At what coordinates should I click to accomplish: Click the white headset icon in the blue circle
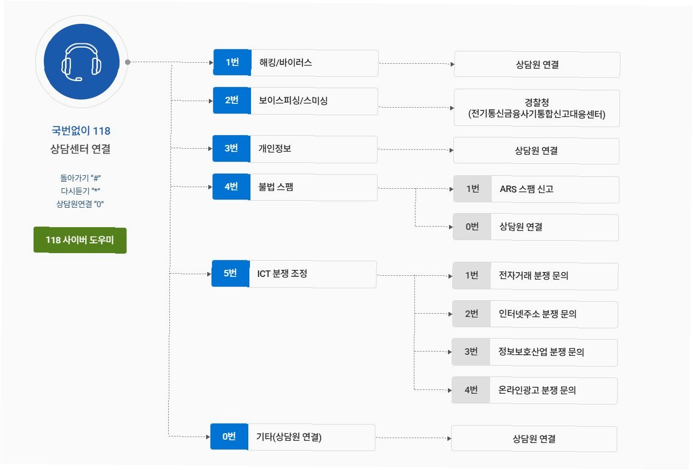[82, 62]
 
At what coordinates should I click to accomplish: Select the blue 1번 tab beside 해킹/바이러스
[232, 63]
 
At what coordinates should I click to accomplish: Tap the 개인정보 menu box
[313, 149]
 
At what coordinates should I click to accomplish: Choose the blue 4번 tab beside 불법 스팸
[231, 187]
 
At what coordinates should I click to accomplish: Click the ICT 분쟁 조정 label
[282, 274]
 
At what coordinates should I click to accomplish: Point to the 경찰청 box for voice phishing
[537, 108]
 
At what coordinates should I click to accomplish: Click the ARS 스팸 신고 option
[526, 189]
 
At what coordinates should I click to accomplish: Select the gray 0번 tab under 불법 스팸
[472, 227]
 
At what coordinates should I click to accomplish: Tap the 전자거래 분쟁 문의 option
[533, 276]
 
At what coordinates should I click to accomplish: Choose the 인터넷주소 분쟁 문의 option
[537, 314]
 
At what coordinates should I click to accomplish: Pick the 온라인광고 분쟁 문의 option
[537, 390]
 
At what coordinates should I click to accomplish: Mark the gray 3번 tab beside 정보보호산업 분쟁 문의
[471, 352]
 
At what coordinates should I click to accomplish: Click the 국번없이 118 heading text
[81, 131]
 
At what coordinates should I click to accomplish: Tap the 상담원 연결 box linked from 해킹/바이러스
[537, 65]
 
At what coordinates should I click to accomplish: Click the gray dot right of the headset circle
[128, 62]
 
